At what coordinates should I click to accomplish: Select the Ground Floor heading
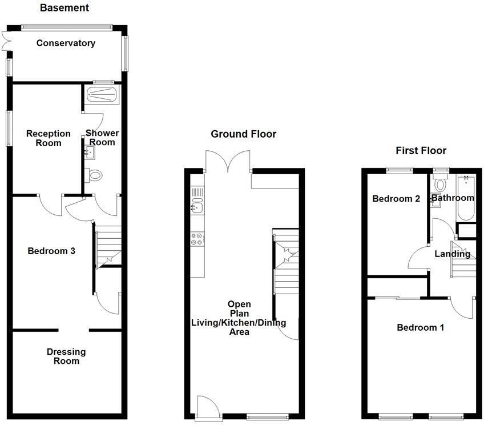(243, 134)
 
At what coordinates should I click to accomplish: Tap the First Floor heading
(421, 151)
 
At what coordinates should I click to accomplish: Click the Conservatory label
(66, 43)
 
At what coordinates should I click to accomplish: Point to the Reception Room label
(49, 138)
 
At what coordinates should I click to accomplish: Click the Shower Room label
(102, 138)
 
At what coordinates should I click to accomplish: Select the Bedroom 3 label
(52, 251)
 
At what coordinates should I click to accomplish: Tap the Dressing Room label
(66, 356)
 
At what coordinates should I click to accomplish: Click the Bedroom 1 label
(421, 328)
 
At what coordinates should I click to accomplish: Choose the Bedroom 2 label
(396, 199)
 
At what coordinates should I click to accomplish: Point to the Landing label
(453, 254)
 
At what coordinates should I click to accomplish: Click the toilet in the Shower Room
(93, 175)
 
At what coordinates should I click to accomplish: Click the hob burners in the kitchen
(197, 239)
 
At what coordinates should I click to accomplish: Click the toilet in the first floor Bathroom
(440, 184)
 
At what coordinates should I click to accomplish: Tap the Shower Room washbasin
(89, 151)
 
